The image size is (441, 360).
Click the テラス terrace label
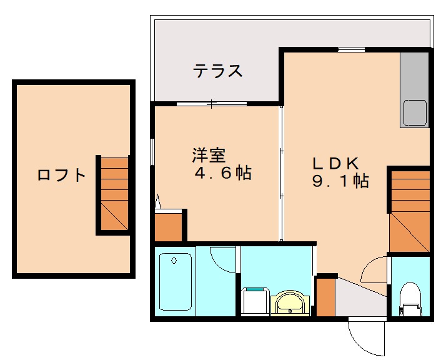(x=217, y=71)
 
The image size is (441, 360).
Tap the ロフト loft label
(x=61, y=175)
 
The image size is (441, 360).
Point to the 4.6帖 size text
(x=222, y=174)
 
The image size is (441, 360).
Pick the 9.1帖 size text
(x=340, y=182)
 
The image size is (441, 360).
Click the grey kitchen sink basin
(x=415, y=113)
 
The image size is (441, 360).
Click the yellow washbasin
(x=289, y=304)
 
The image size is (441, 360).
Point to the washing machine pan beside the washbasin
(x=254, y=301)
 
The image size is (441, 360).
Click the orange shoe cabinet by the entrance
(x=325, y=297)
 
